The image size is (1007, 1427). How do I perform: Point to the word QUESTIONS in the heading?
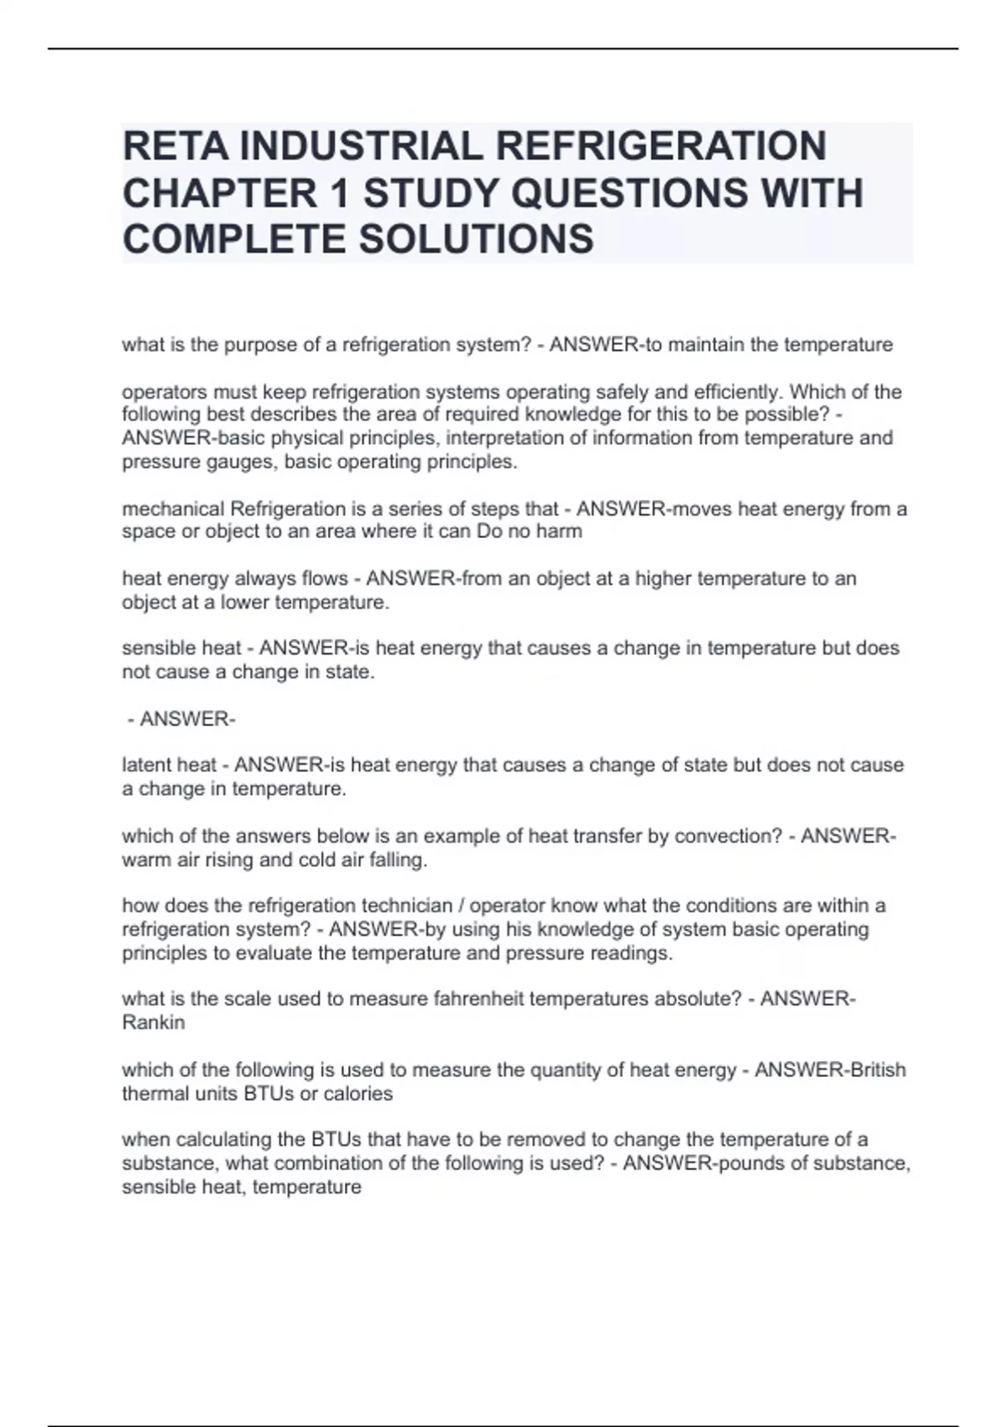pos(629,193)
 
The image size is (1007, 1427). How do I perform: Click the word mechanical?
pos(173,509)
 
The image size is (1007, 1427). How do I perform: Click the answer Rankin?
pos(154,1022)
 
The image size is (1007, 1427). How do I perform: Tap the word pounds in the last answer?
pos(728,1163)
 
